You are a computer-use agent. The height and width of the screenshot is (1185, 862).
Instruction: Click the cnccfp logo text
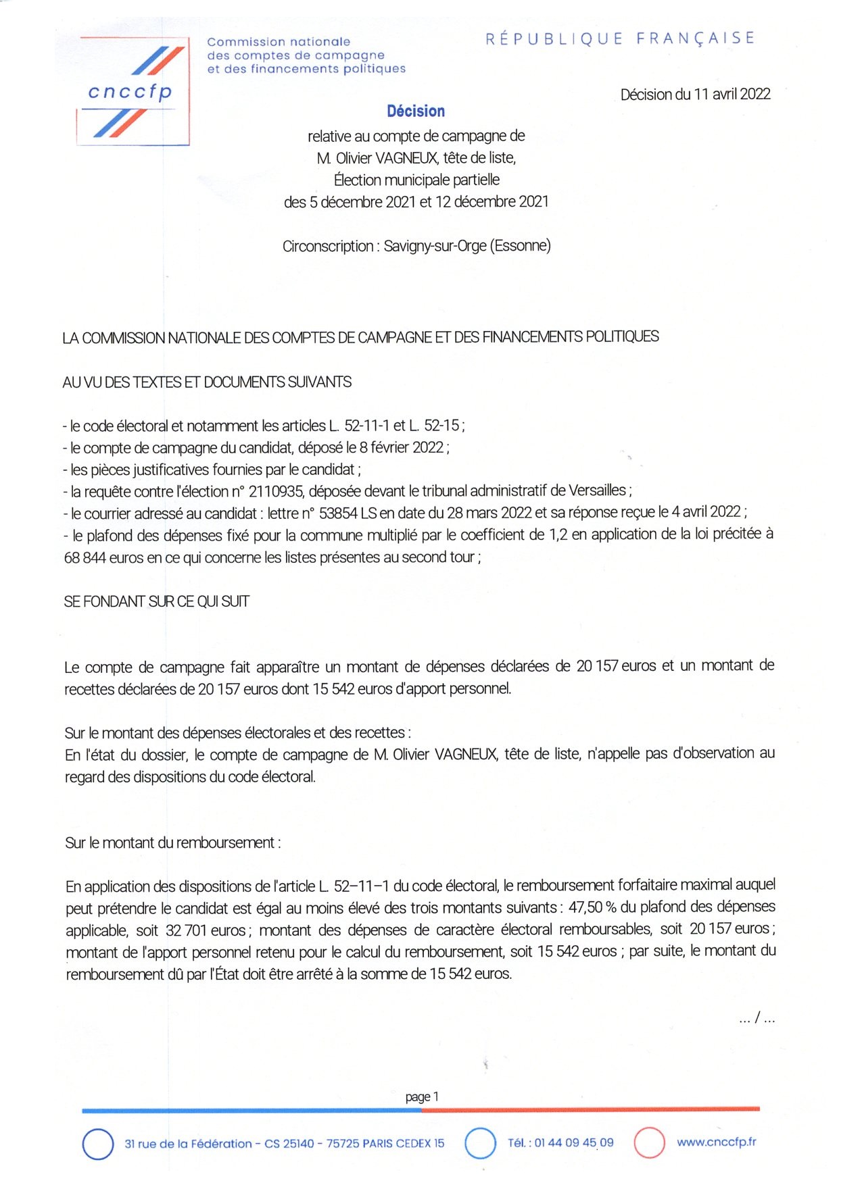click(x=130, y=92)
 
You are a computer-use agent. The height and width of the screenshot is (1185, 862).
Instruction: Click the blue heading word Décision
click(x=416, y=111)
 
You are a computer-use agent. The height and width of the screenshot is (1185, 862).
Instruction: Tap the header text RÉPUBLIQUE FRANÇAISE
click(x=620, y=39)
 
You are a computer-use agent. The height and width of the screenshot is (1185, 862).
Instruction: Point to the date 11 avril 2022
click(x=732, y=95)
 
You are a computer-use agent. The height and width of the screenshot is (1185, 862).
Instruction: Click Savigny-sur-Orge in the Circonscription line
click(x=435, y=246)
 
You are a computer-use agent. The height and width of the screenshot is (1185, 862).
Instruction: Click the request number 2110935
click(x=275, y=491)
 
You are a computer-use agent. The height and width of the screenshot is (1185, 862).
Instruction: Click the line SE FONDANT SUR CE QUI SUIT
click(x=156, y=601)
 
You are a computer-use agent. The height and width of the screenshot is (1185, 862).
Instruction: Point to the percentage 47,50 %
click(x=592, y=907)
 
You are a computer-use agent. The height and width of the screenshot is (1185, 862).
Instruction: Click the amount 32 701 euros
click(x=206, y=930)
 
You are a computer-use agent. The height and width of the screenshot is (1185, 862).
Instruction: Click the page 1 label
click(x=422, y=1096)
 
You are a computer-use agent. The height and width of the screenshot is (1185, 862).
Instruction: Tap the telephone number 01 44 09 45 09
click(x=574, y=1142)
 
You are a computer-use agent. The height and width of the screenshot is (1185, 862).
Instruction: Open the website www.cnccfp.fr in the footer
click(x=716, y=1142)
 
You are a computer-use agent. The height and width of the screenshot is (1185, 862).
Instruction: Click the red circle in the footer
click(x=649, y=1143)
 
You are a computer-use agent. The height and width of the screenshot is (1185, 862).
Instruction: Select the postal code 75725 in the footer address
click(x=343, y=1143)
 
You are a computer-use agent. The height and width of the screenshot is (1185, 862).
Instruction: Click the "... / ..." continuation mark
click(x=757, y=1017)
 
